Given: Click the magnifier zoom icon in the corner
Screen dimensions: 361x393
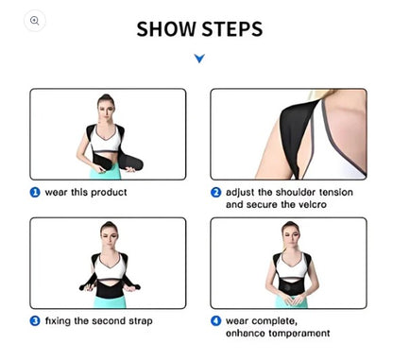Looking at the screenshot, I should [35, 20].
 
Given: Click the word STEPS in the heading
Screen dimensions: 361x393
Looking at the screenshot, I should [230, 28].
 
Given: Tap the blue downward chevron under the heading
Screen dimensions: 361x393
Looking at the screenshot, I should [198, 60].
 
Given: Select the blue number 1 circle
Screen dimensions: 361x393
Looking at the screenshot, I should [35, 192].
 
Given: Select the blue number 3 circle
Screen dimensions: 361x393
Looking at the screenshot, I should [35, 321].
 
